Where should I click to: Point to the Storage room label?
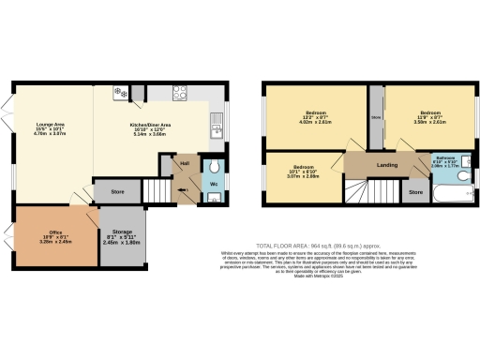click(x=121, y=235)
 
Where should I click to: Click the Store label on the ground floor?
click(x=117, y=192)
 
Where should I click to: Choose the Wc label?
click(x=213, y=184)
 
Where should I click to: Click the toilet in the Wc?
click(x=215, y=166)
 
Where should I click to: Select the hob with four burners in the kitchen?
click(x=181, y=92)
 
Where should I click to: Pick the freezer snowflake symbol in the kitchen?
click(x=119, y=92)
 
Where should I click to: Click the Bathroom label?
click(x=444, y=159)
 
